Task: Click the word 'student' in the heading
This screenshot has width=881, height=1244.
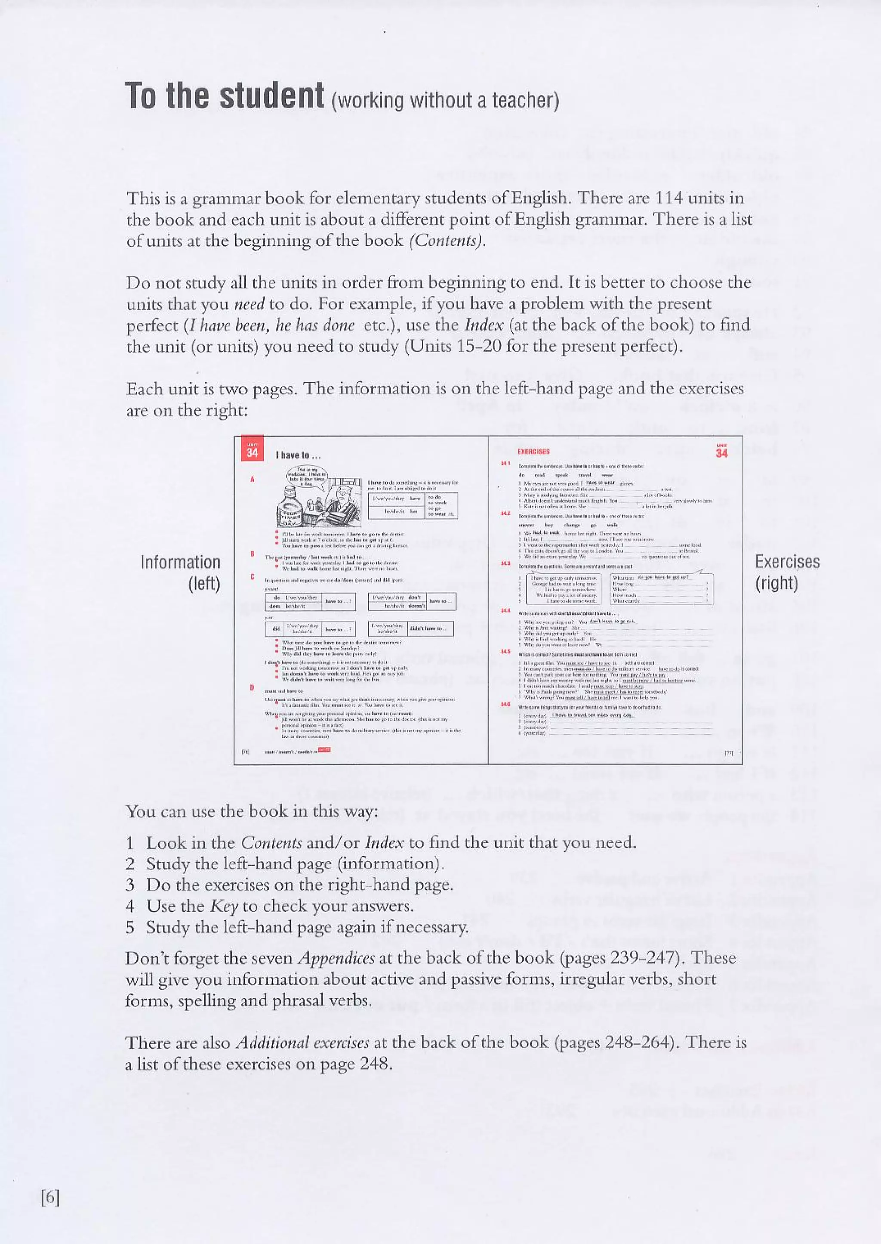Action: [271, 96]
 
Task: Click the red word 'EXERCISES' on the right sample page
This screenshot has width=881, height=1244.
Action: [533, 451]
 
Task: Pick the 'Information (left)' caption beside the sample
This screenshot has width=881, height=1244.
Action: [181, 572]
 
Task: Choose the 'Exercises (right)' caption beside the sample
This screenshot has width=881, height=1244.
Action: [787, 572]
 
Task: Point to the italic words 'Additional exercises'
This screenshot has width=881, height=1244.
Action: [303, 1043]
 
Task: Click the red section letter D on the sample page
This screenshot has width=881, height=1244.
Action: [252, 688]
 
